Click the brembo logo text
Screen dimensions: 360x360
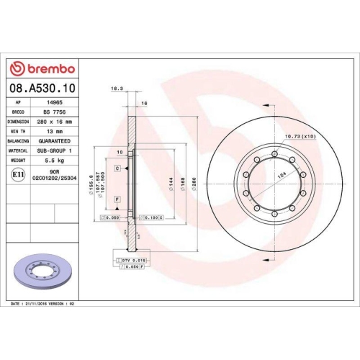[48, 68]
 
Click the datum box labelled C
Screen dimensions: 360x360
[117, 167]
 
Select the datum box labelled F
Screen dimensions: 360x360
[116, 198]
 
